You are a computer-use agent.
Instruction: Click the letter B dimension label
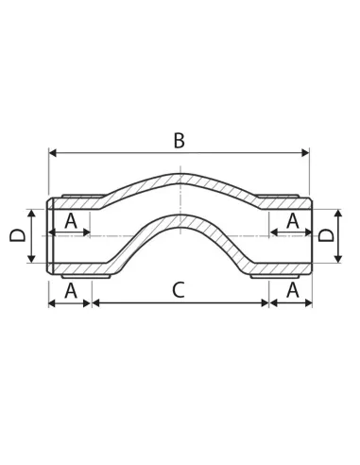[x=180, y=141]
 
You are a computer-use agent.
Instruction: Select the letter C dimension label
[x=179, y=290]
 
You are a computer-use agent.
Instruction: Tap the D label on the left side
[x=18, y=235]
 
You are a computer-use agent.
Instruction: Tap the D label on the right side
[x=326, y=235]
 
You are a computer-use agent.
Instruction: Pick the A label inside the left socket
[x=71, y=221]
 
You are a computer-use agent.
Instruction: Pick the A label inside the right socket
[x=293, y=221]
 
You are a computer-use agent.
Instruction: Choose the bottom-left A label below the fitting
[x=71, y=290]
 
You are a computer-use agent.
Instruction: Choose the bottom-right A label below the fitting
[x=293, y=290]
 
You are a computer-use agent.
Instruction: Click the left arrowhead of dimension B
[x=53, y=153]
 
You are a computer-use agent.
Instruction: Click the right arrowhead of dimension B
[x=305, y=153]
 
